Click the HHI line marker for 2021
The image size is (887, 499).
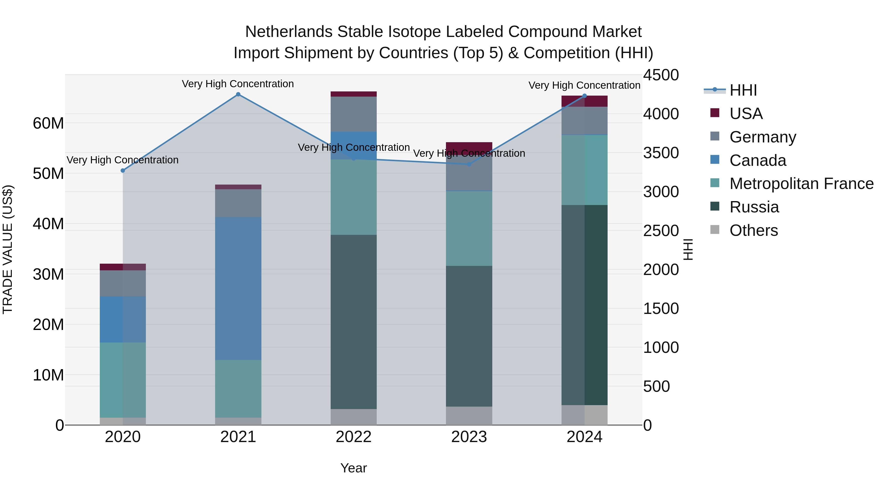(238, 94)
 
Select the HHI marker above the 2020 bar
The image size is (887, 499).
(123, 171)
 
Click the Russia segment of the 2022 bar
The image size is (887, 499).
(354, 322)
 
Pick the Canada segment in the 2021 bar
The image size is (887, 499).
(238, 289)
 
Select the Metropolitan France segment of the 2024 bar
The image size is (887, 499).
(584, 170)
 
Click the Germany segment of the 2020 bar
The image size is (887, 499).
(123, 283)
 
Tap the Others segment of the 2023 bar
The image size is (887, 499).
(469, 416)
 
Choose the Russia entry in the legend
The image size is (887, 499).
(754, 207)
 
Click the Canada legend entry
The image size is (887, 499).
(758, 160)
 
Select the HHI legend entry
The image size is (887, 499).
(743, 90)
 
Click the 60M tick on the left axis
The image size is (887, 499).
(48, 123)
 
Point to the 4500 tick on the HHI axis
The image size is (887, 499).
(661, 75)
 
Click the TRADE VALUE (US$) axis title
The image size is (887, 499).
(8, 249)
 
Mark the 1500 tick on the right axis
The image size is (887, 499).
(661, 309)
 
